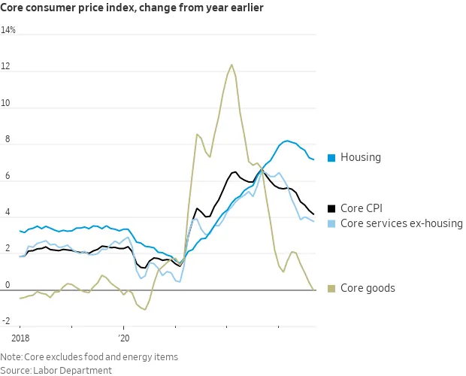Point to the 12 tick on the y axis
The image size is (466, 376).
6,68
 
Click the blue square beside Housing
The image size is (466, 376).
331,158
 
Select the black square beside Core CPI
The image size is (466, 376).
331,208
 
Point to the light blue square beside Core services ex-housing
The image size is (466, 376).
331,223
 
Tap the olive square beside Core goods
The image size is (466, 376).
331,288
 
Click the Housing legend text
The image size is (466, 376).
361,158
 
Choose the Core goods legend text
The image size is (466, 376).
368,288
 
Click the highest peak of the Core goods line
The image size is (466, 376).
231,65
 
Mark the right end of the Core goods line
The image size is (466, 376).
314,290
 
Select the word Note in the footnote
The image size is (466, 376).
11,356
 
